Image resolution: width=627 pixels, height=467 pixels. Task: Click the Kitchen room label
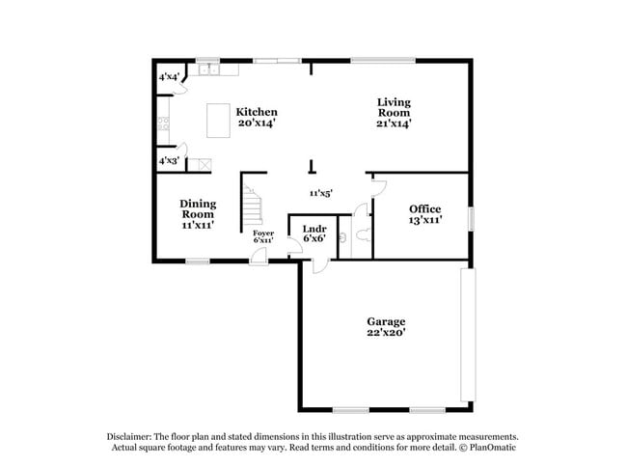coord(257,112)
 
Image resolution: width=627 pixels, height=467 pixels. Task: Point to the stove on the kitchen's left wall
coord(163,123)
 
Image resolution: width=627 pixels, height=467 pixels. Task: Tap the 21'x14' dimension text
coord(394,124)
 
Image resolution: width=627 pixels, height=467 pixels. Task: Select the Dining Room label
coord(197,208)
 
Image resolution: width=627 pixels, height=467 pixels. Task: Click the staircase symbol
coord(253,203)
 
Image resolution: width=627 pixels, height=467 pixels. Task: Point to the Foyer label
coord(263,233)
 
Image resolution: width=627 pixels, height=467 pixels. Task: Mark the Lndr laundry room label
coord(313,229)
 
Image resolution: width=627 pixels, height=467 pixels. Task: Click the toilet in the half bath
coord(358,234)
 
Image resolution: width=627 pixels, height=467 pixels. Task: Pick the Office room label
coord(424,209)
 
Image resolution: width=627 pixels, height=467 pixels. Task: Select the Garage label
coord(385,321)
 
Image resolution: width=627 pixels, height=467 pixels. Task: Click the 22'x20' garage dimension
coord(385,333)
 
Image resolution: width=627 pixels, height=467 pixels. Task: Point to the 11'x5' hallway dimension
coord(320,193)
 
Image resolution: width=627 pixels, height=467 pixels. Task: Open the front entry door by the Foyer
coord(259,256)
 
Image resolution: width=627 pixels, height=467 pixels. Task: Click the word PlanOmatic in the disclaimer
coord(490,448)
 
